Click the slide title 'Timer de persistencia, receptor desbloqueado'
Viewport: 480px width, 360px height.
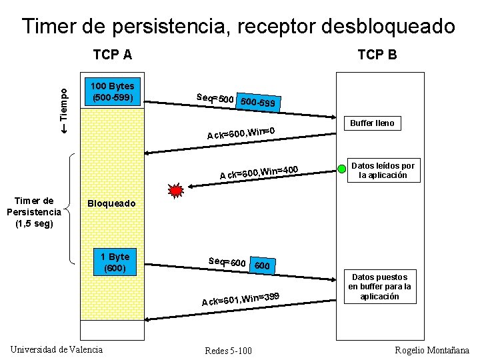[x=239, y=26]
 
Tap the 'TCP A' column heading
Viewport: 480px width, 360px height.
[x=112, y=54]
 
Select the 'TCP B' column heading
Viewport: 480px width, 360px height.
[x=377, y=55]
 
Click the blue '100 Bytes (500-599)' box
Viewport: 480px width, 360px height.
[x=112, y=92]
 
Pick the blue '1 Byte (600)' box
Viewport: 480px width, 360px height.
[x=115, y=263]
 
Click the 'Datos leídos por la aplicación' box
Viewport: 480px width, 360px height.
[x=383, y=171]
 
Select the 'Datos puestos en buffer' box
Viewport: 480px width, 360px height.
[x=379, y=287]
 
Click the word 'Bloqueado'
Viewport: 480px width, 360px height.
[x=111, y=203]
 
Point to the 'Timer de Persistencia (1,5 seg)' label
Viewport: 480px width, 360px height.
[x=34, y=212]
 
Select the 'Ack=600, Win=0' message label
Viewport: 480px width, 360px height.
[x=241, y=132]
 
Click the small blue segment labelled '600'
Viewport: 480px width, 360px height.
[x=263, y=266]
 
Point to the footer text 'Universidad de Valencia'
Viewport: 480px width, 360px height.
[x=57, y=349]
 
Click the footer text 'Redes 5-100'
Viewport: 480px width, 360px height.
[x=229, y=351]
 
